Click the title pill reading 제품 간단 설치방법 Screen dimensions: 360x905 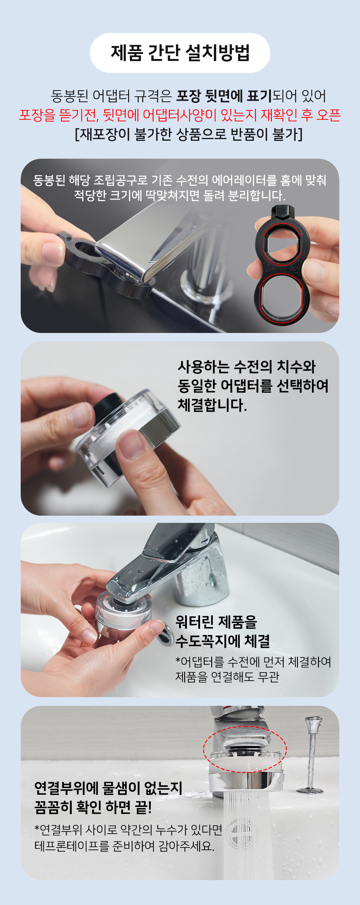pos(180,53)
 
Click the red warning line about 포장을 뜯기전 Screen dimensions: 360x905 pos(180,115)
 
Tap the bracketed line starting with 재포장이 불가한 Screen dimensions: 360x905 pos(189,134)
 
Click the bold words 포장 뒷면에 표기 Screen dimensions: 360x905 pos(224,96)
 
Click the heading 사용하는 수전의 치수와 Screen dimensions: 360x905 pos(247,367)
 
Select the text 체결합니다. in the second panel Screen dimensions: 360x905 pos(212,405)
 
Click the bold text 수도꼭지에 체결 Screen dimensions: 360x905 pos(223,641)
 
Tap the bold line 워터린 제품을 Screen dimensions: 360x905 pos(216,622)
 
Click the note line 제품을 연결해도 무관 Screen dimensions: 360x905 pos(227,677)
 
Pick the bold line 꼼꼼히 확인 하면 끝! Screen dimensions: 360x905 pos(93,807)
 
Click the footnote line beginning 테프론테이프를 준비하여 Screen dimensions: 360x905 pos(124,845)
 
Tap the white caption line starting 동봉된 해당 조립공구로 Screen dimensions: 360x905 pos(180,180)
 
